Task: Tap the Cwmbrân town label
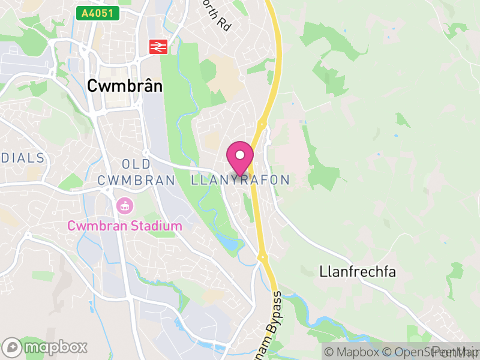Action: (x=125, y=86)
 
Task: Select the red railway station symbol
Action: (x=158, y=46)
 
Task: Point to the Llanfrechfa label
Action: (x=358, y=272)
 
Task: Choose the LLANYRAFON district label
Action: (x=241, y=180)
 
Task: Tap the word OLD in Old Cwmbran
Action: (x=136, y=164)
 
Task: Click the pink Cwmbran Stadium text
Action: (x=124, y=226)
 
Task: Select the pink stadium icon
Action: (x=124, y=206)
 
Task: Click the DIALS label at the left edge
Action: (x=23, y=158)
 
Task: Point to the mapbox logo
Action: (x=45, y=347)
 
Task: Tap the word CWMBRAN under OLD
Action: (x=136, y=180)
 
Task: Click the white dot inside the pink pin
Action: (x=240, y=155)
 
